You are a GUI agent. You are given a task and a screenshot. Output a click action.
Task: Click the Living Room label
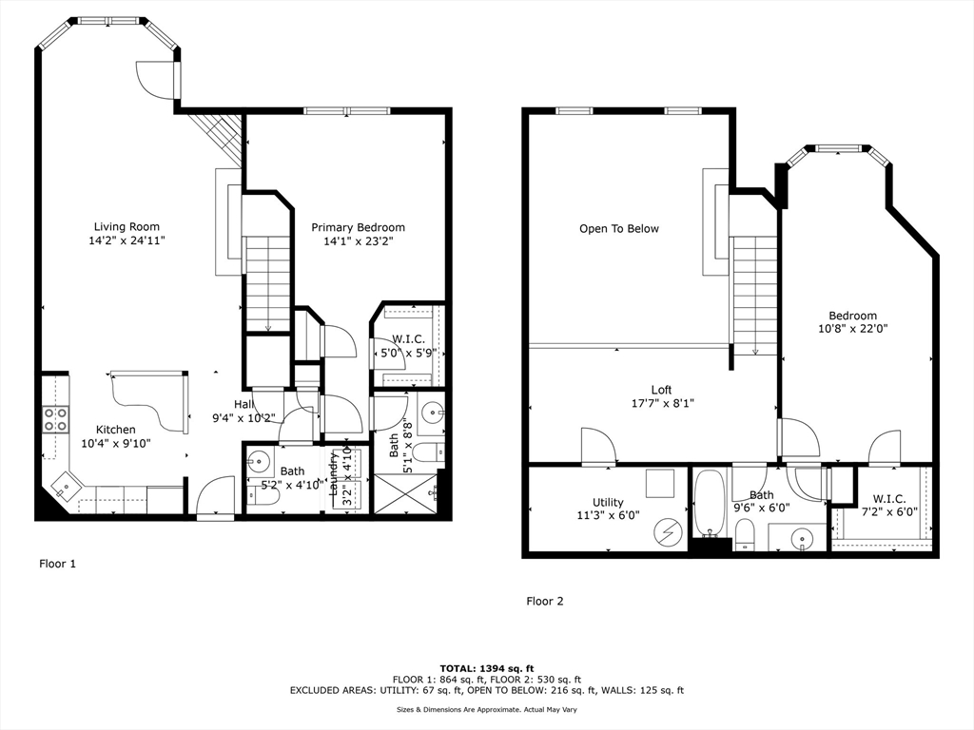(x=127, y=226)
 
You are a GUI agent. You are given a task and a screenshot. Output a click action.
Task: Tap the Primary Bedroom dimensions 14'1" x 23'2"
(x=359, y=240)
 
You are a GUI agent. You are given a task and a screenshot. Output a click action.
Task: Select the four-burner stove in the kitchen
(x=54, y=419)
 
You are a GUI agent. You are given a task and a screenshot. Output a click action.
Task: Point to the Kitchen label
(x=115, y=430)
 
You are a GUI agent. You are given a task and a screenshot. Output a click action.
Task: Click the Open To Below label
(x=618, y=228)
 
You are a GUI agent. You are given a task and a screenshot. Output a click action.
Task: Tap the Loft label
(x=662, y=390)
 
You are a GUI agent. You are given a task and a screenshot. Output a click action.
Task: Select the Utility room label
(x=608, y=502)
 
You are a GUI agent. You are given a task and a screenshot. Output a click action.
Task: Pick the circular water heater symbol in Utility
(x=668, y=532)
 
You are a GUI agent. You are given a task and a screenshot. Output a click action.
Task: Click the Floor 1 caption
(x=58, y=564)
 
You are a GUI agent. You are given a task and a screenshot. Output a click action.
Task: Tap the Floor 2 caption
(x=545, y=601)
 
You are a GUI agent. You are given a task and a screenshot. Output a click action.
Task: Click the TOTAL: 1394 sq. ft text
(x=487, y=668)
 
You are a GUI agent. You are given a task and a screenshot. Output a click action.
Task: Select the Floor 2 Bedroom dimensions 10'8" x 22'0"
(x=853, y=328)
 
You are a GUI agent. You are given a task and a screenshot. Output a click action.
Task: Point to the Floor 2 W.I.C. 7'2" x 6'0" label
(x=889, y=506)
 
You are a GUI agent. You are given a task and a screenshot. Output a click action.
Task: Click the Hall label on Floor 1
(x=243, y=405)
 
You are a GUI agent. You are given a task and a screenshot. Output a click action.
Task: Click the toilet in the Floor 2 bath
(x=744, y=533)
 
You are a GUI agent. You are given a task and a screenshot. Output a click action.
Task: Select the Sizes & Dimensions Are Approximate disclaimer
(x=487, y=709)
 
